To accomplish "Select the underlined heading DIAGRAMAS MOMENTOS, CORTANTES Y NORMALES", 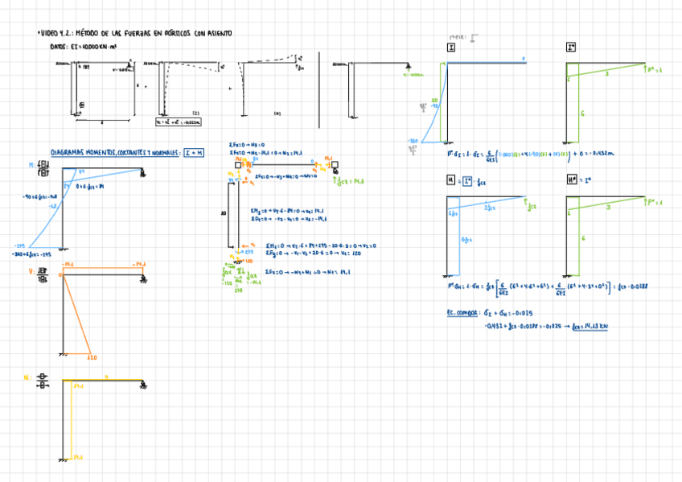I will [x=114, y=152].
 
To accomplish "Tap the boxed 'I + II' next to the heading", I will [x=194, y=152].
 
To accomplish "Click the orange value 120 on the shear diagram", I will [x=93, y=358].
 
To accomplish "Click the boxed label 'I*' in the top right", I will [x=571, y=48].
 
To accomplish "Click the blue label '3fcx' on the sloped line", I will [x=489, y=208].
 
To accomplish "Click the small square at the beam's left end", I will [x=238, y=165].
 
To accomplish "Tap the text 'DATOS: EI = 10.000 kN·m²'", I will [x=84, y=47].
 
